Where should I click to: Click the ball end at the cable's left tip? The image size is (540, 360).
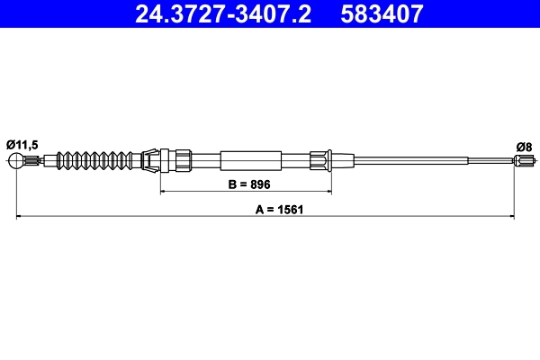(16, 162)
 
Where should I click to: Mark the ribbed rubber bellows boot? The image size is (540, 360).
(98, 161)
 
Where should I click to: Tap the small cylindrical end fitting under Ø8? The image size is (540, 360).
(522, 162)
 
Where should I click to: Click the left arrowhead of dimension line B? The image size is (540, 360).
(163, 192)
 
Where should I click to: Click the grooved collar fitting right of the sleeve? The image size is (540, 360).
(321, 161)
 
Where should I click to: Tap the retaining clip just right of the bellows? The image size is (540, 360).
(154, 161)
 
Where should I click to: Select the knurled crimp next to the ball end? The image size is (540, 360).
(32, 162)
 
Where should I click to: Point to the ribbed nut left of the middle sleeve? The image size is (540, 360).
(183, 161)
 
